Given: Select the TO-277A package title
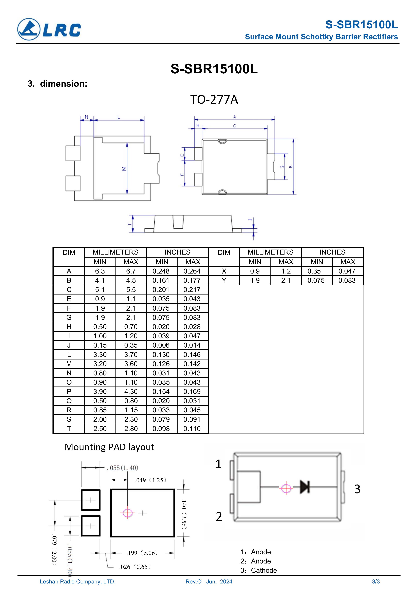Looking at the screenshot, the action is point(214,100).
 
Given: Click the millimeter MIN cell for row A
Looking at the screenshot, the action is point(100,271).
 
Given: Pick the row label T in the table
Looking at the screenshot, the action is point(69,429).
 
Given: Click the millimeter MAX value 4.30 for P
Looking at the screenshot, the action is point(131,392).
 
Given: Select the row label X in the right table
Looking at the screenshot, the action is point(224,271).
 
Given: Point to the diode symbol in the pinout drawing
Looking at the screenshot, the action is point(305,487).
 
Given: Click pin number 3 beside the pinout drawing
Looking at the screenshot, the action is point(357,489).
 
